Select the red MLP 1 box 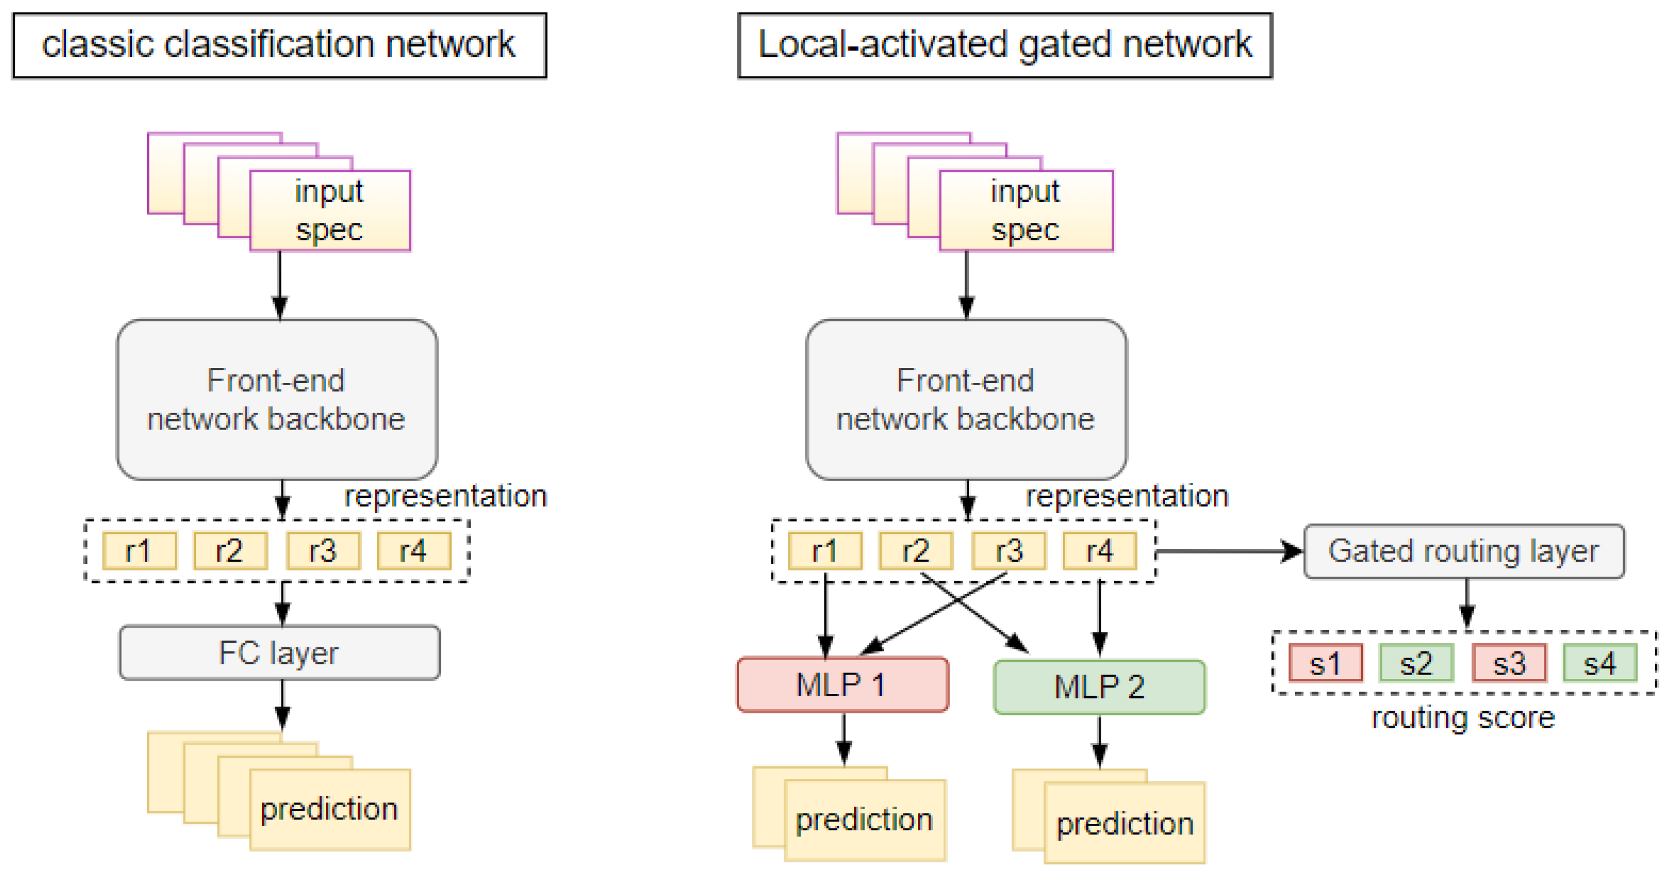tap(842, 685)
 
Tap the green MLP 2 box tap(1099, 686)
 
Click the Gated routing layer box tap(1463, 551)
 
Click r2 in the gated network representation tap(915, 551)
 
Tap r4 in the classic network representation tap(413, 551)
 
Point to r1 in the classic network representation tap(139, 551)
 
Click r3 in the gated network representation tap(1008, 551)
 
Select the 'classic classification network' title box tap(279, 45)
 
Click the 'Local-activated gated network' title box tap(1004, 45)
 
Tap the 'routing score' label tap(1463, 717)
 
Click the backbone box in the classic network tap(277, 400)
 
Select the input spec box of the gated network tap(1025, 210)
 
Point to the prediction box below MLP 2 tap(1125, 823)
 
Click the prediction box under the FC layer tap(329, 809)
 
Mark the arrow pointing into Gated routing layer tap(1230, 552)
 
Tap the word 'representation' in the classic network tap(445, 496)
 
